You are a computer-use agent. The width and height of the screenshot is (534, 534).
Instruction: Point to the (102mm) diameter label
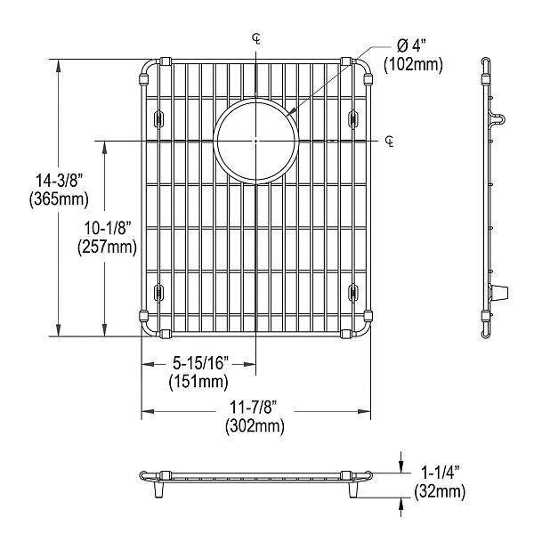(413, 65)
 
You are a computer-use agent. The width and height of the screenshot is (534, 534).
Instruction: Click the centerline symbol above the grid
(256, 38)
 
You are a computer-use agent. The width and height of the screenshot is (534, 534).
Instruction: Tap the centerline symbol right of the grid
(391, 142)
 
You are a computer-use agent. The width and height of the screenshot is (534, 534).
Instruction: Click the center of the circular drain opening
(255, 141)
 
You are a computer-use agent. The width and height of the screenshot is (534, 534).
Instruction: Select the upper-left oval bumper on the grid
(159, 117)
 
